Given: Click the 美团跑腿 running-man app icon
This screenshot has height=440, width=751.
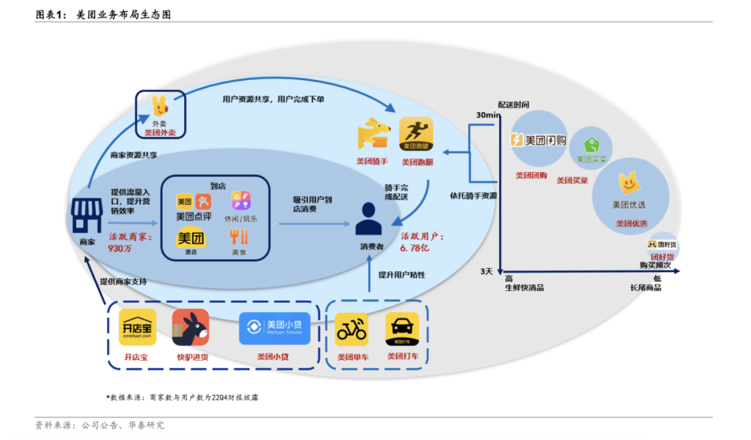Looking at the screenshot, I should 416,134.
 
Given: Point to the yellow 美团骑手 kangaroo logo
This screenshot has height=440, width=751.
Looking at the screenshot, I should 375,134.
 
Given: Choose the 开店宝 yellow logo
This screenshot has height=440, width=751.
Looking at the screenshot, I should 137,327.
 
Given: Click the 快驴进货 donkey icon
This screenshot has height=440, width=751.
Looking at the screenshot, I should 191,327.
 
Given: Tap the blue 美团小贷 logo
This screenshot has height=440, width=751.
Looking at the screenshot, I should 274,328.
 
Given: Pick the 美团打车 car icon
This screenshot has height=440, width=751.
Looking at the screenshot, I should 403,330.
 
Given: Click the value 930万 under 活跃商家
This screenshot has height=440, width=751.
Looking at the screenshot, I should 120,248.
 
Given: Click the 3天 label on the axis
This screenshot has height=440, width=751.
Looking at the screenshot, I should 487,270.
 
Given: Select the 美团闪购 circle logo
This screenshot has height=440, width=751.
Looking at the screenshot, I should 539,140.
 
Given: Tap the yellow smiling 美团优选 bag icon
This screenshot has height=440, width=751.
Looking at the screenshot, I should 629,184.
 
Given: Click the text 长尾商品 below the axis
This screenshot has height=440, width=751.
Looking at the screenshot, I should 645,288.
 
